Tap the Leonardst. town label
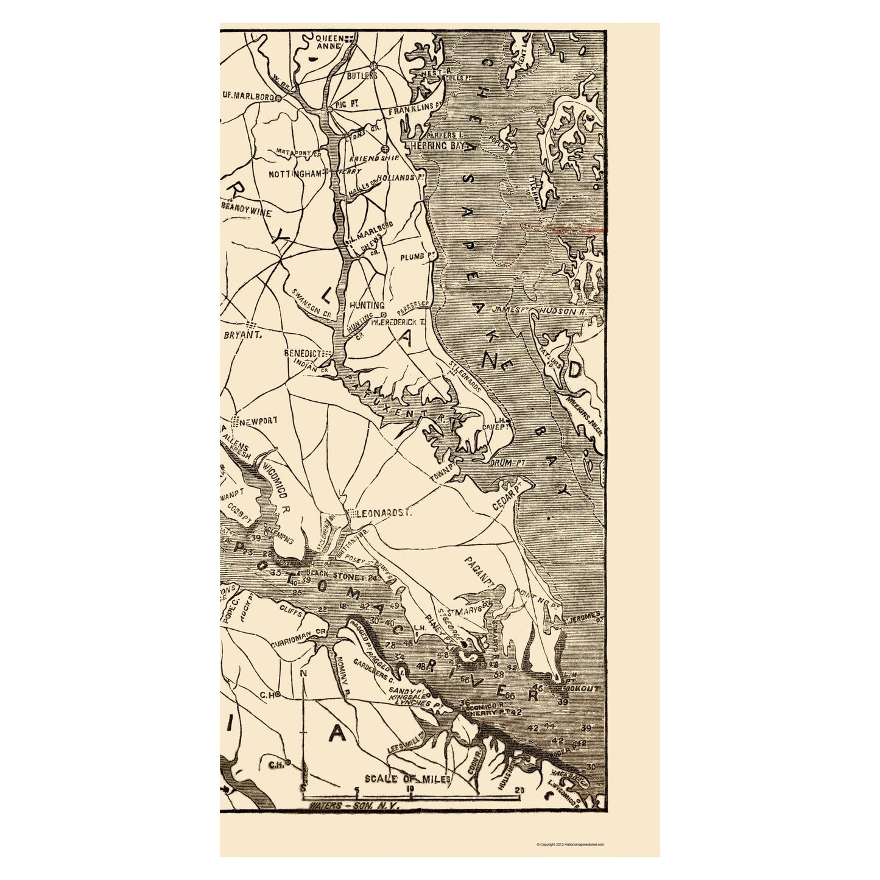380,513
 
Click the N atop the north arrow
303,673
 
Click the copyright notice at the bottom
570,845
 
